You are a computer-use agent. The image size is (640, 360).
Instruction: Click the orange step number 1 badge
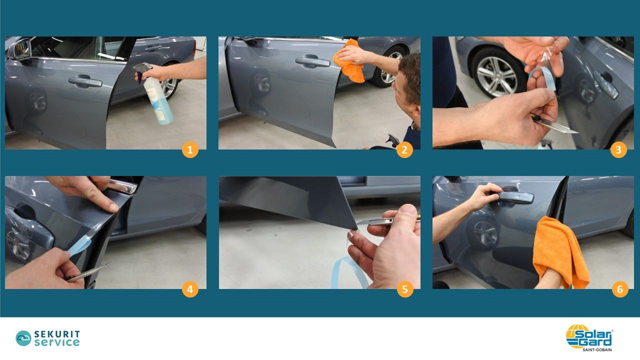[190, 149]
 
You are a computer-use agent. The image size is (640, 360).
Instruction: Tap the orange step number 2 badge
[404, 149]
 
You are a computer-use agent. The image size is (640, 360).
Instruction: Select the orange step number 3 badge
[618, 149]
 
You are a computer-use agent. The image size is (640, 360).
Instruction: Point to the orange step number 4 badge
[190, 289]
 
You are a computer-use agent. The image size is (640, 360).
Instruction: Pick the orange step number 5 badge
[405, 289]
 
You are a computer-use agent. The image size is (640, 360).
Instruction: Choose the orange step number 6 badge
[620, 289]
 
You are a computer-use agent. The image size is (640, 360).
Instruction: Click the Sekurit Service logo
[47, 338]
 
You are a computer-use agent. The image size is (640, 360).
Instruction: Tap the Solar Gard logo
[589, 337]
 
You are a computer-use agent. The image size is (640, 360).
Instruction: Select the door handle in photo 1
[85, 81]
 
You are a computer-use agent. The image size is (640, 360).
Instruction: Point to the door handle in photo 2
[312, 61]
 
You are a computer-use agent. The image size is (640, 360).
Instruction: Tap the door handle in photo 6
[513, 197]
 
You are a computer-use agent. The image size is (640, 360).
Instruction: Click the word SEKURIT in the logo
[57, 334]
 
